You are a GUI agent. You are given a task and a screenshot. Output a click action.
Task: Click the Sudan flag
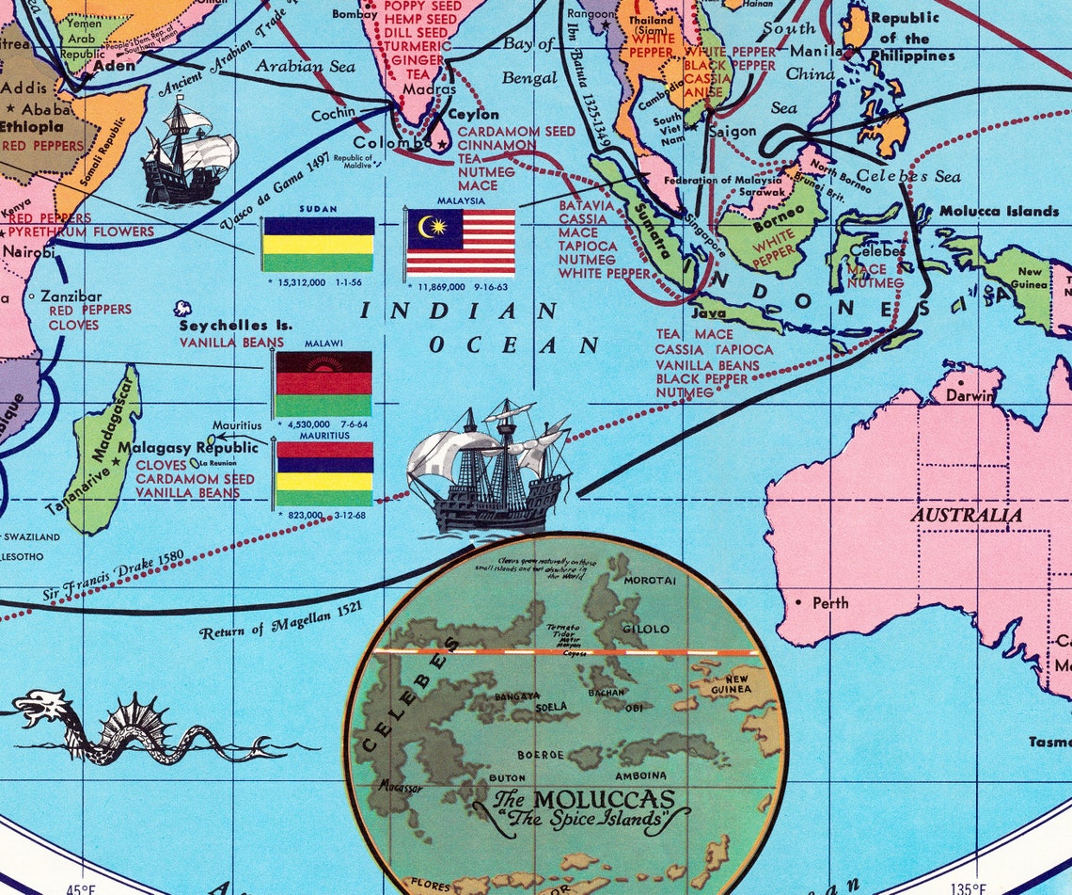(x=317, y=244)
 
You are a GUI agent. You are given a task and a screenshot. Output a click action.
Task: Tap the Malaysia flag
(x=461, y=242)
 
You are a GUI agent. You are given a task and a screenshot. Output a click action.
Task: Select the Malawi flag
(x=323, y=383)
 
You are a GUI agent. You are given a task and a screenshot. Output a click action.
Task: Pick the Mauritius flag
(x=323, y=473)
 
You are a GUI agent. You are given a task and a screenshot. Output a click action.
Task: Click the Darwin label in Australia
(x=969, y=396)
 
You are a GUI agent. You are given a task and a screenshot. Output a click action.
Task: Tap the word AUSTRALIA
(x=966, y=515)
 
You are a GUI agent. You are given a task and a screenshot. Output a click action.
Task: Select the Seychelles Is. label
(x=230, y=326)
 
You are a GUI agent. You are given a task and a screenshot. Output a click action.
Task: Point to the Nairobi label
(x=27, y=252)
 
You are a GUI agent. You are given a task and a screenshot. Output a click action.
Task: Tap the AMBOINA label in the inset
(x=641, y=775)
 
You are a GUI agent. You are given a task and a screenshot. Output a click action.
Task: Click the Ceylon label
(x=473, y=115)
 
